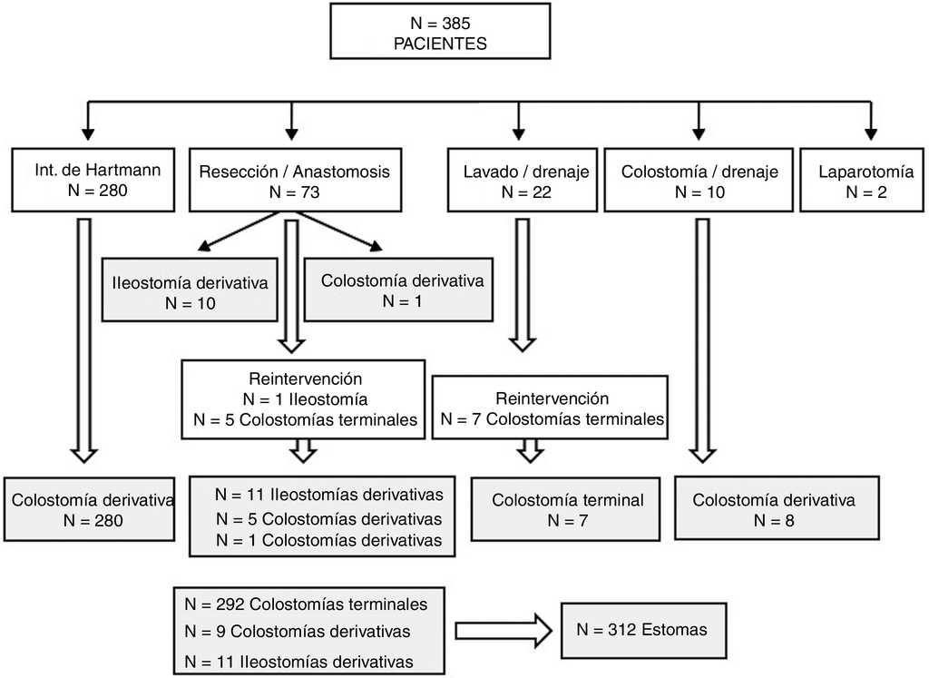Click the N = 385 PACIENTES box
pyautogui.click(x=440, y=34)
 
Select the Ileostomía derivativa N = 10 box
pyautogui.click(x=190, y=292)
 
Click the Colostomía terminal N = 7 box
pyautogui.click(x=567, y=510)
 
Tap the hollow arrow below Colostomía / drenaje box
pyautogui.click(x=702, y=336)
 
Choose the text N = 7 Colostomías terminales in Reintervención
pyautogui.click(x=553, y=419)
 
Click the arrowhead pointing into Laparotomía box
pyautogui.click(x=871, y=134)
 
